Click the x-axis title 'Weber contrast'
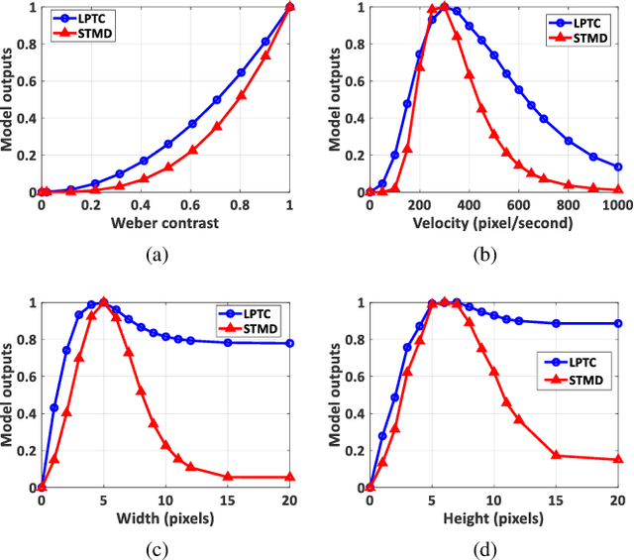point(165,224)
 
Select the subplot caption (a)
point(157,255)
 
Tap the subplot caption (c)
point(157,548)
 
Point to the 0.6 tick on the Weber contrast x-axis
point(190,205)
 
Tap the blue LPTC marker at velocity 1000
point(618,168)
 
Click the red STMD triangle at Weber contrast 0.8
point(241,96)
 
